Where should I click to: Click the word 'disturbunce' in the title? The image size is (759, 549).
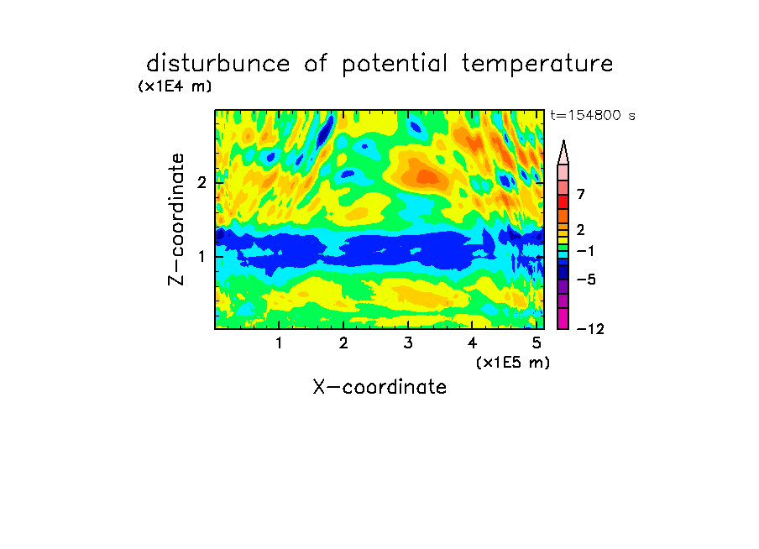coord(218,63)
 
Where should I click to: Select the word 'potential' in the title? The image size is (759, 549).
coord(395,64)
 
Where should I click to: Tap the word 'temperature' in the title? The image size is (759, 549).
coord(537,64)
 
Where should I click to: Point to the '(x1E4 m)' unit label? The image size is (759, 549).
coord(175,86)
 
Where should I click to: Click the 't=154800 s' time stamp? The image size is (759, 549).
coord(593,115)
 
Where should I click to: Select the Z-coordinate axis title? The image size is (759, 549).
coord(176,219)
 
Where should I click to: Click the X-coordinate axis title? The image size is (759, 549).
coord(379,387)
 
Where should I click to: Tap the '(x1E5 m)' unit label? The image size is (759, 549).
coord(513,363)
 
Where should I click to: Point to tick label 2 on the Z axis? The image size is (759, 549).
coord(202,182)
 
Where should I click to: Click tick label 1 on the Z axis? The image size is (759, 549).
coord(202,257)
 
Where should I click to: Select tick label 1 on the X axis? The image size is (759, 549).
coord(279,342)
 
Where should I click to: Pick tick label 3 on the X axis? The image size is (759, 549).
coord(408,342)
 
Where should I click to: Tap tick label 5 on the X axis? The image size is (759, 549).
coord(537,342)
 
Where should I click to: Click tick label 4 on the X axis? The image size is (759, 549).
coord(472,342)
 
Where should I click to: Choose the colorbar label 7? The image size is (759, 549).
coord(581,194)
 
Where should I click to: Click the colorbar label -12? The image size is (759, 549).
coord(590,329)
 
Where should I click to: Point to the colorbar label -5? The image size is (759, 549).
coord(586,280)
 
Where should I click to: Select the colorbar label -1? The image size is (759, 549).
coord(585,251)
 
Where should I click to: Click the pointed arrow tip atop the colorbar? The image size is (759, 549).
coord(563,141)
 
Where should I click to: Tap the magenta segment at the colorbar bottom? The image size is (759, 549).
coord(563,318)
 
